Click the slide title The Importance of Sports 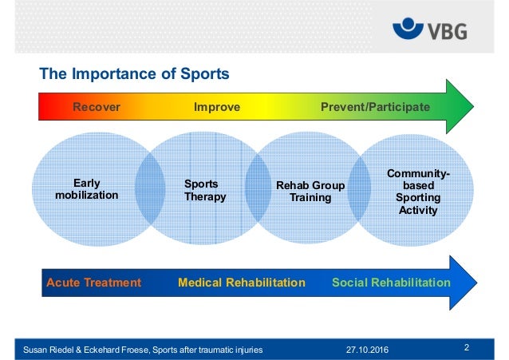click(x=135, y=74)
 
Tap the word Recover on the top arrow click(x=97, y=107)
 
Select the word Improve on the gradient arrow click(x=217, y=107)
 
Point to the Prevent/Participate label click(x=375, y=107)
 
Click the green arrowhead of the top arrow click(x=458, y=107)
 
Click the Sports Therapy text click(x=205, y=190)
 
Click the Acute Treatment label click(x=94, y=283)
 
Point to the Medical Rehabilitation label click(x=242, y=283)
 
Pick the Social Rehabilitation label click(x=390, y=283)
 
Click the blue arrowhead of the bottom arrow click(x=464, y=282)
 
